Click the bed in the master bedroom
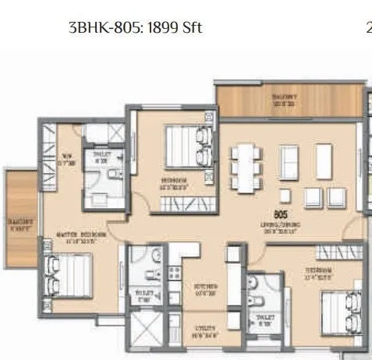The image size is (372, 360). (x=65, y=274)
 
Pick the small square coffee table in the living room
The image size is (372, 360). (x=287, y=193)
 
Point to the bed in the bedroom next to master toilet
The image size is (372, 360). (x=188, y=146)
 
